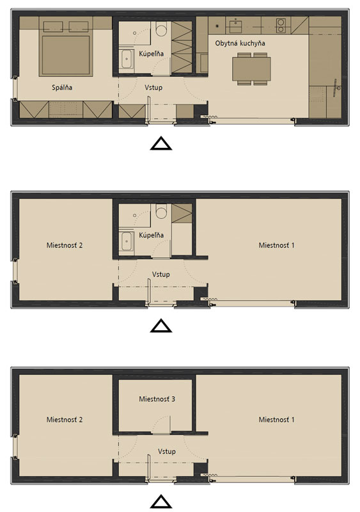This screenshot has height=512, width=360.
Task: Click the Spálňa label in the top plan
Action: click(x=62, y=87)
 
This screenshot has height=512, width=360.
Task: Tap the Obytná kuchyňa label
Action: click(x=240, y=43)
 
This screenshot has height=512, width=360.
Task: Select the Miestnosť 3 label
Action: click(x=157, y=399)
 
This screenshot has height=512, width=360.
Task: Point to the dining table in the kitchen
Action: click(x=251, y=69)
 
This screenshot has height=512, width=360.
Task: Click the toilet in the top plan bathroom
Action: click(x=161, y=29)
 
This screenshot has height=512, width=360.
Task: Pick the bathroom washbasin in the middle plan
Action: click(x=126, y=241)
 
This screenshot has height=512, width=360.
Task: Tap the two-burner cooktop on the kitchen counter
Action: click(x=280, y=26)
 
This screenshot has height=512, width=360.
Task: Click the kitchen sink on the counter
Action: click(x=235, y=26)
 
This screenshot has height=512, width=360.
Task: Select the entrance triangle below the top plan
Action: click(x=161, y=143)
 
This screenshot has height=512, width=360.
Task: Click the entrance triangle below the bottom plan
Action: click(x=161, y=502)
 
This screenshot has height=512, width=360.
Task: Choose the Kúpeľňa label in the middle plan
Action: click(x=151, y=235)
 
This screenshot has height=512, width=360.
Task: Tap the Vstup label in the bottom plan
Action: click(x=167, y=451)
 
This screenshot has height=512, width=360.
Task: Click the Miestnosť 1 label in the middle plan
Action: click(x=276, y=245)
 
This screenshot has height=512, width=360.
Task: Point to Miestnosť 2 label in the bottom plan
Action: click(x=65, y=419)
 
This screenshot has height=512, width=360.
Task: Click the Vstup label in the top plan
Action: click(x=153, y=87)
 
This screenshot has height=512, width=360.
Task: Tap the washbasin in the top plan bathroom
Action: click(x=126, y=59)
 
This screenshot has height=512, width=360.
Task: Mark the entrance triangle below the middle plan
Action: click(x=161, y=326)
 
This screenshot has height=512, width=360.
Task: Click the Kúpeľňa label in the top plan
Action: click(x=151, y=53)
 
